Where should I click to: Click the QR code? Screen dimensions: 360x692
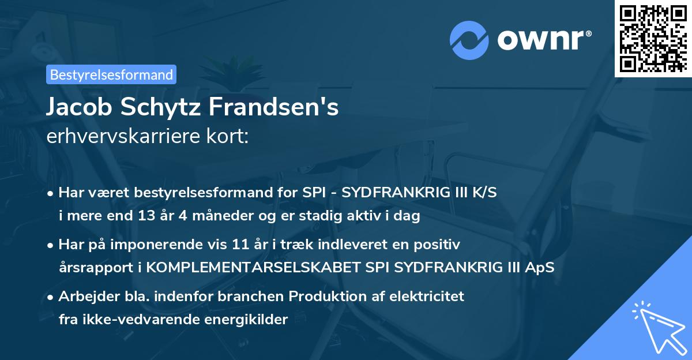tap(653, 38)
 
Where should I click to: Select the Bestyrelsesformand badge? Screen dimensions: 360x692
tap(111, 74)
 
